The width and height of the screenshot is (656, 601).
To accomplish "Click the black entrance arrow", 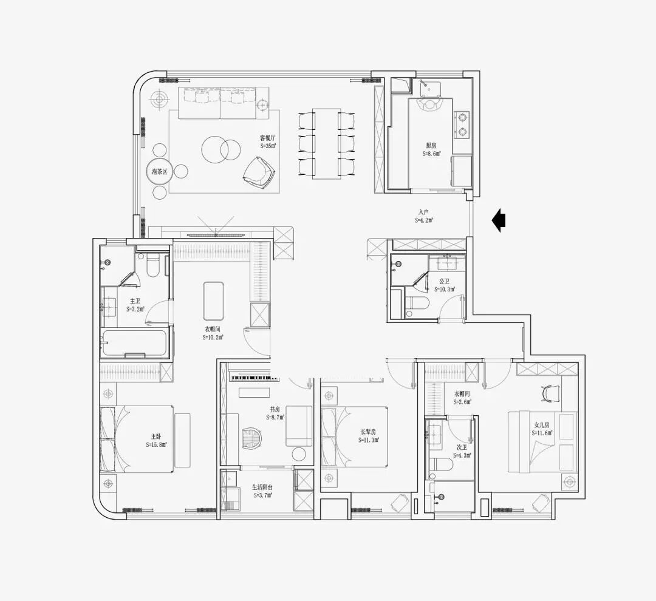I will pos(499,220).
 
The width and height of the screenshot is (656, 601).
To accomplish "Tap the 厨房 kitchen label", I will pos(431,146).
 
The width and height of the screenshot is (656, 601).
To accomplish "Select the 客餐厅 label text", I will pos(268,138).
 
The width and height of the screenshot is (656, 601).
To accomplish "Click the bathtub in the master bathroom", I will pos(134,343).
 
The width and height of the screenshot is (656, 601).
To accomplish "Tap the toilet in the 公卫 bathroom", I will pos(417,305).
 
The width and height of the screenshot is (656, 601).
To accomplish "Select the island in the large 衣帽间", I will pos(214,300).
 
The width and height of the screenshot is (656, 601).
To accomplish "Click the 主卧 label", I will pos(156,436).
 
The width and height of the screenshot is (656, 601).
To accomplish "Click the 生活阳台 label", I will pos(262,487).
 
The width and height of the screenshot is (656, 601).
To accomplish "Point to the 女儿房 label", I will pos(541,425).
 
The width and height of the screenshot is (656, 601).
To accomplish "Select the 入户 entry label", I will pos(423,212).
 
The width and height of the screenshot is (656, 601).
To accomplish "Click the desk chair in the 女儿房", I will pos(549,393).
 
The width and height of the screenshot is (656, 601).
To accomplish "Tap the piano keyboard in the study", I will pos(254,378).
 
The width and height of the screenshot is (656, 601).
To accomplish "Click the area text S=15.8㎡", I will pos(156,444).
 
